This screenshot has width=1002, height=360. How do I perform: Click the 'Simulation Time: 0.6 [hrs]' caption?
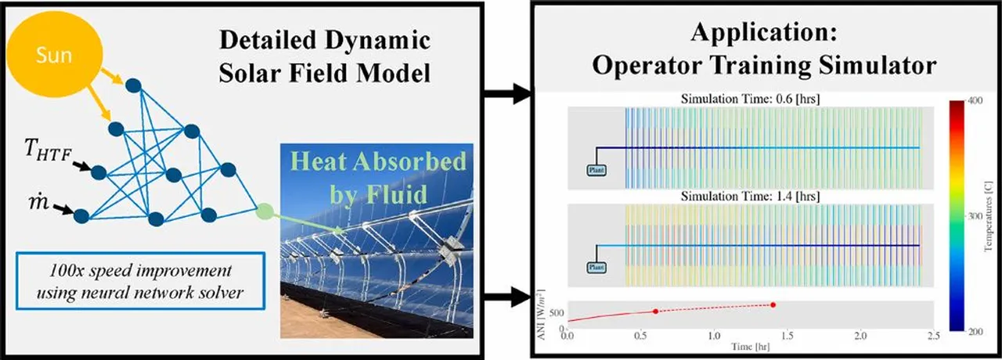[x=743, y=99]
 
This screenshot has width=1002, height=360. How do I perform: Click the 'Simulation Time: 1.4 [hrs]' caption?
[x=743, y=196]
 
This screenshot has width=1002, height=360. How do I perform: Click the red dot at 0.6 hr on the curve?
[x=656, y=311]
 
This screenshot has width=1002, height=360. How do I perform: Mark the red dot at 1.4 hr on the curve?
[x=773, y=304]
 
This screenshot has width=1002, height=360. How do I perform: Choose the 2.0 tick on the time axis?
[x=861, y=336]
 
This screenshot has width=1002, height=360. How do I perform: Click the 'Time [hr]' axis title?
[x=743, y=345]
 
